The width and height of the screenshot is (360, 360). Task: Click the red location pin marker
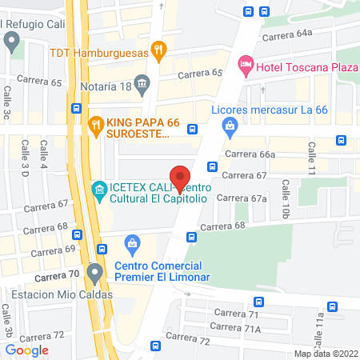coord(180,178)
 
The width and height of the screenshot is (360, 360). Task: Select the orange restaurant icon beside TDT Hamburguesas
coord(159,52)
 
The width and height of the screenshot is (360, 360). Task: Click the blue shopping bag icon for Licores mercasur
coord(230,126)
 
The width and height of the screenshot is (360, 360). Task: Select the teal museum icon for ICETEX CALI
coord(99,190)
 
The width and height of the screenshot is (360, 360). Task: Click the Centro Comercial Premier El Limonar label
coord(158,271)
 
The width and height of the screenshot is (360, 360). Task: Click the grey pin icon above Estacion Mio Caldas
coord(95,273)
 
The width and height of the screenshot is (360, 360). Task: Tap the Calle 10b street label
coord(286,199)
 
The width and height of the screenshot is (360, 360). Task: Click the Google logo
coord(27,350)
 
